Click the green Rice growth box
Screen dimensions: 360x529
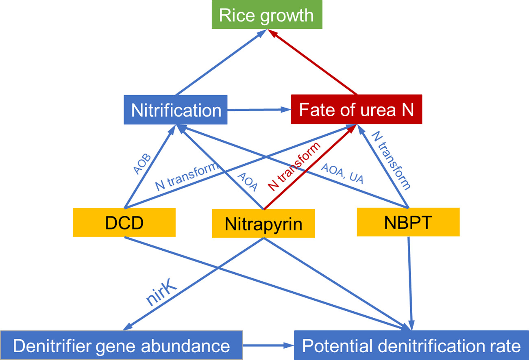click(x=267, y=15)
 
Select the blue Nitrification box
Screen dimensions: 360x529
click(x=176, y=110)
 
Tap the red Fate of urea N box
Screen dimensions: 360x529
click(x=356, y=109)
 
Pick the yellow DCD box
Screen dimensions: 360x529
click(x=124, y=223)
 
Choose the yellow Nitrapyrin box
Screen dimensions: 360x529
click(x=263, y=223)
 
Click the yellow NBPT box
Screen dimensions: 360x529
click(x=408, y=222)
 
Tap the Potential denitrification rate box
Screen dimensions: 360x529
click(x=411, y=346)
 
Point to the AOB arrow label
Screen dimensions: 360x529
click(x=142, y=164)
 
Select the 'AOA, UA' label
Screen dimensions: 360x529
click(x=342, y=174)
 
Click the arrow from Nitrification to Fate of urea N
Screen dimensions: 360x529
click(x=259, y=110)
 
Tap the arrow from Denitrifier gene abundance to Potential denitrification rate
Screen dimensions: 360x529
click(x=268, y=346)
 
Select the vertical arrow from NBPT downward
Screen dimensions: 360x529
click(x=410, y=280)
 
